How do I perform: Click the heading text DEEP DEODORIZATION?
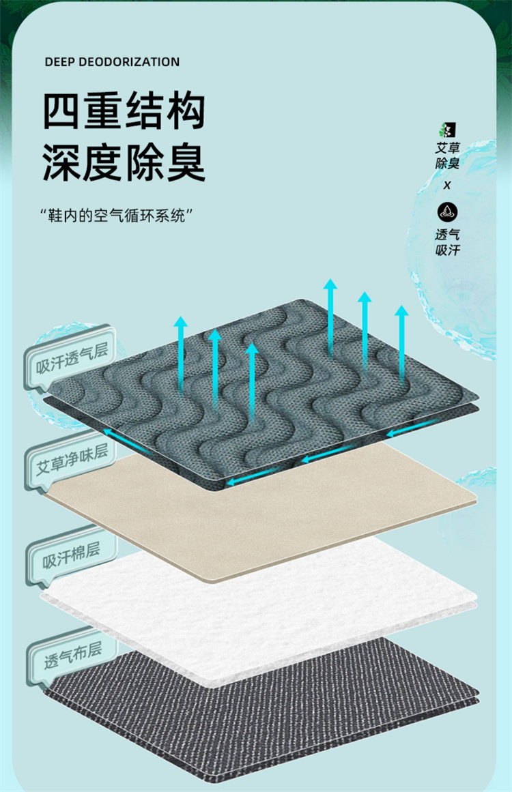pos(112,62)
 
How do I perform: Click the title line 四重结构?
pos(124,111)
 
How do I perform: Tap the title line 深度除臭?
pos(124,162)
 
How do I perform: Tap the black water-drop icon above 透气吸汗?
pos(448,211)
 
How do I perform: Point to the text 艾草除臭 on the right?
pos(448,156)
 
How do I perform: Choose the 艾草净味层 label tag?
pos(72,458)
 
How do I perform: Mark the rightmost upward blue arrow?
pos(401,341)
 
